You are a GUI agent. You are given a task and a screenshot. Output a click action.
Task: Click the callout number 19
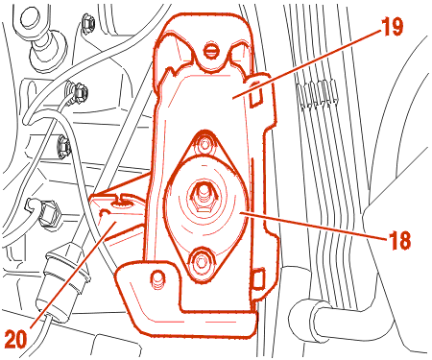392,27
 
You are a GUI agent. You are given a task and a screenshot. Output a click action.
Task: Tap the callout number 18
399,240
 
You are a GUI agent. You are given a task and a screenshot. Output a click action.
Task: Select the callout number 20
16,339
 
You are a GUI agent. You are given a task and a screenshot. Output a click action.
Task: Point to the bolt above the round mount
204,144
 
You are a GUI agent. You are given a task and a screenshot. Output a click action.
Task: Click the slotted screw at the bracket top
210,50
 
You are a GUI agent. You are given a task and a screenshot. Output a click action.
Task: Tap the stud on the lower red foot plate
157,276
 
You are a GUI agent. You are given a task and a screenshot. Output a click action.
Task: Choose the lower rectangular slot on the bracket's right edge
258,277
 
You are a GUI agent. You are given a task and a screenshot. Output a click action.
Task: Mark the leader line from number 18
314,225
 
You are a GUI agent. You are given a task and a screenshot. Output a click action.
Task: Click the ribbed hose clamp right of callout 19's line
317,93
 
